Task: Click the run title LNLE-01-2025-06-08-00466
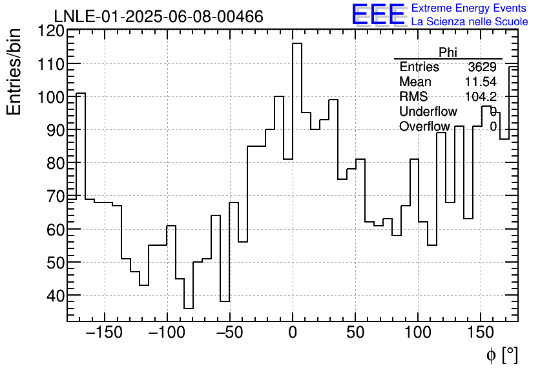click(x=158, y=16)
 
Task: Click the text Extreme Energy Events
click(x=470, y=8)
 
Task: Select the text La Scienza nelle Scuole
click(x=470, y=21)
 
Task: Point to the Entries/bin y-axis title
click(x=14, y=72)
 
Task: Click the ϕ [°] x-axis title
click(x=502, y=354)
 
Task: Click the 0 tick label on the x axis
click(x=293, y=333)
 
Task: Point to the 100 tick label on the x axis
click(x=418, y=333)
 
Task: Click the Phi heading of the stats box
click(x=448, y=52)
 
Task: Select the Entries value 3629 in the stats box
click(x=482, y=67)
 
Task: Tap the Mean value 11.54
click(x=481, y=82)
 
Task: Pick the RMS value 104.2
click(x=481, y=97)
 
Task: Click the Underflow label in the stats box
click(x=428, y=112)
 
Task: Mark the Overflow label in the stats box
click(x=424, y=127)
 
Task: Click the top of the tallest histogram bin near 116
click(x=297, y=43)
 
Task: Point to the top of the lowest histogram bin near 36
click(x=189, y=309)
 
